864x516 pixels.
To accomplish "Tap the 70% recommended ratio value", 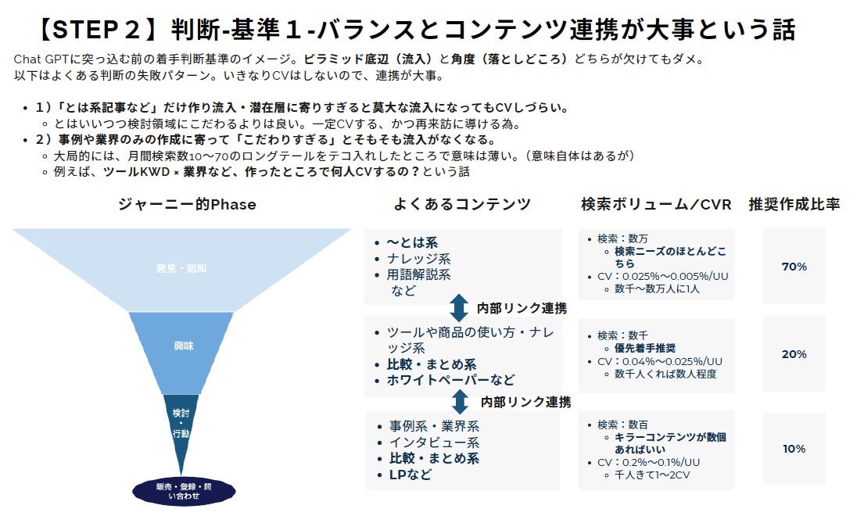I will tap(794, 267).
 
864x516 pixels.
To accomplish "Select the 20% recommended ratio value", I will tap(794, 354).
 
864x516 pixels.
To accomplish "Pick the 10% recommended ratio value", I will tap(794, 449).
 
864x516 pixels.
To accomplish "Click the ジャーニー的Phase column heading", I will tap(187, 204).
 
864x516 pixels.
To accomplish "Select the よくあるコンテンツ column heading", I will tap(462, 204).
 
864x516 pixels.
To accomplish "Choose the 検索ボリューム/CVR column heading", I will tap(656, 204).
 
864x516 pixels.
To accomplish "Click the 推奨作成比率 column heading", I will tap(794, 204).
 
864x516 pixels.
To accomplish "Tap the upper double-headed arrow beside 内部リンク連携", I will tap(460, 307).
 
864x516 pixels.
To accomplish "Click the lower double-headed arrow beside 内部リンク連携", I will tap(460, 402).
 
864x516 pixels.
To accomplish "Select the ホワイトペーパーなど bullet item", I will tap(451, 380).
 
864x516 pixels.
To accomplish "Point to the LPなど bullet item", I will tap(410, 474).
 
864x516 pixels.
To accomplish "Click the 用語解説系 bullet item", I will tap(418, 274).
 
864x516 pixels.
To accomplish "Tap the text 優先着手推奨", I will tap(645, 348).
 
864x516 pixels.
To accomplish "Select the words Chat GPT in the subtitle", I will tap(42, 59).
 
